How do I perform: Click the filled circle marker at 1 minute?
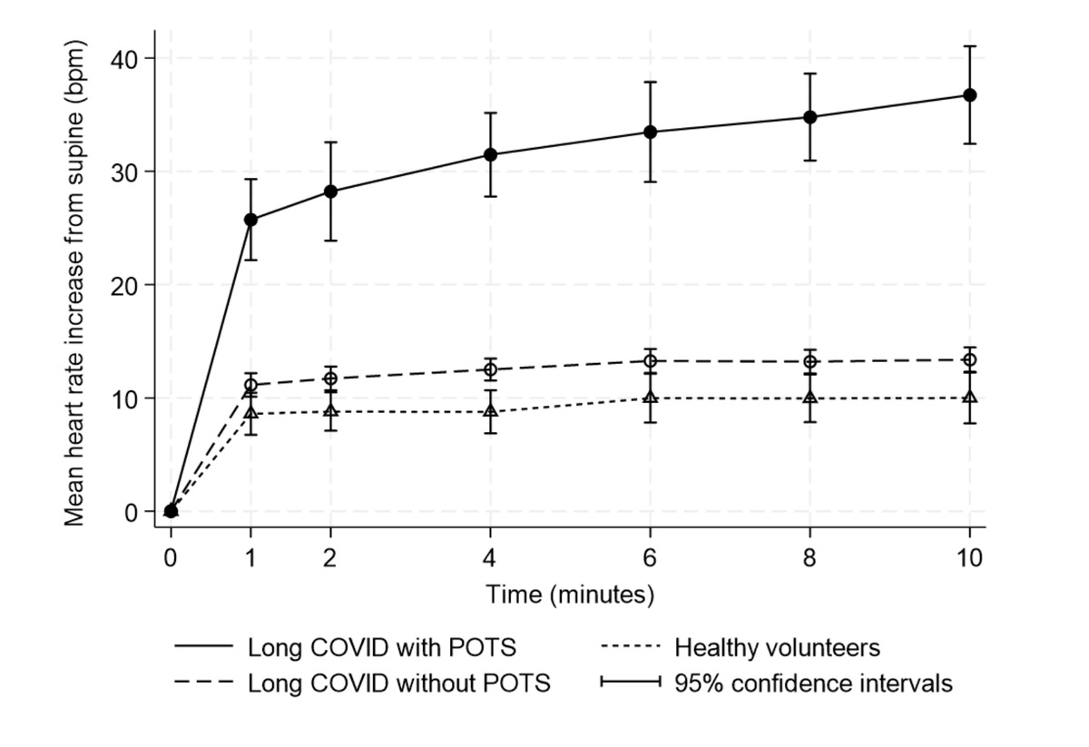(250, 220)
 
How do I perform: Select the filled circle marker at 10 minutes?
(969, 95)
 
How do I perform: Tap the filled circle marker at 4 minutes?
(490, 154)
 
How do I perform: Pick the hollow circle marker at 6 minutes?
(650, 360)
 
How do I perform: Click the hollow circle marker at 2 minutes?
(330, 378)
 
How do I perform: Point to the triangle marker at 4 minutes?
(490, 411)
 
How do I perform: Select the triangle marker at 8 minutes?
(809, 398)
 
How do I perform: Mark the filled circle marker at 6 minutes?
(650, 132)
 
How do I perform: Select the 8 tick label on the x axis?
(809, 558)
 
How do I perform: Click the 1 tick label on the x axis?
(250, 558)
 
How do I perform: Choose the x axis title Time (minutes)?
(570, 595)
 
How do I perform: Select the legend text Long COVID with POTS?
(382, 648)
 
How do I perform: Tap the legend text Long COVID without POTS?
(399, 683)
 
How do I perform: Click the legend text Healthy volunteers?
(777, 648)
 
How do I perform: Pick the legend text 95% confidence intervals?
(813, 683)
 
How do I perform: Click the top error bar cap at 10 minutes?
(969, 45)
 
